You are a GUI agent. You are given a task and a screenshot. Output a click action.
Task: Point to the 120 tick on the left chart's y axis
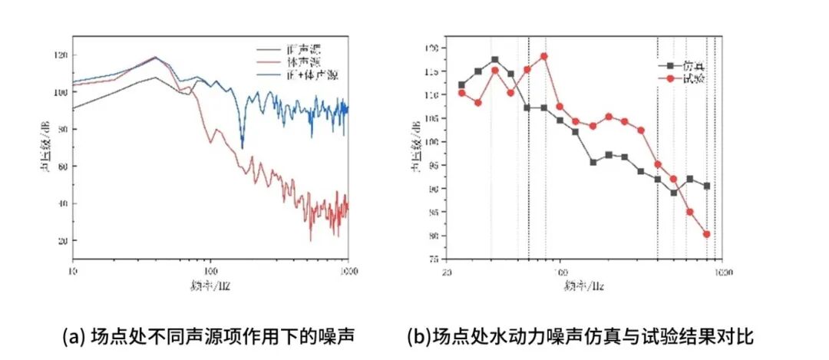[x=61, y=55]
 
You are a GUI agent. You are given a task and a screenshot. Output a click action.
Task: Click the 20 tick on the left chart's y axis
[x=63, y=240]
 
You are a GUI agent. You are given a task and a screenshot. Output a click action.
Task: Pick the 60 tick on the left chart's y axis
[x=63, y=167]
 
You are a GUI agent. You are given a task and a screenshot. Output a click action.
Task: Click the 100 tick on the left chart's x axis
[x=211, y=271]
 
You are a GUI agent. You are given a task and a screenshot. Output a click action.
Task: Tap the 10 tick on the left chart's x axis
[x=74, y=271]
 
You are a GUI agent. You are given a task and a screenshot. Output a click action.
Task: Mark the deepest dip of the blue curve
[x=243, y=147]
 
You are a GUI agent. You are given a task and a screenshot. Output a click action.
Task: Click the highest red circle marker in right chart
[x=543, y=56]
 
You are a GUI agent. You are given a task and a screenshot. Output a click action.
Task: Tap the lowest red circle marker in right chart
[x=706, y=234]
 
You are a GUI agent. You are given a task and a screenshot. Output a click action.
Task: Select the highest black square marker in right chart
[x=495, y=60]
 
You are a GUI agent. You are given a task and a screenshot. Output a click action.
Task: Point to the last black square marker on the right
[x=706, y=186]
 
